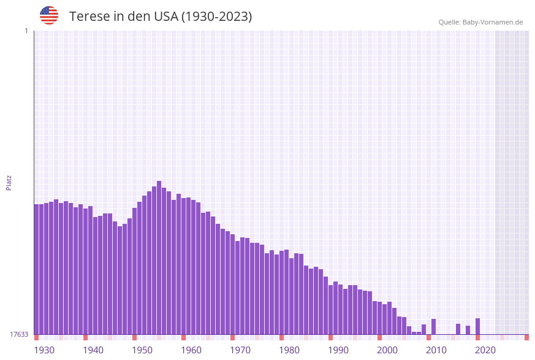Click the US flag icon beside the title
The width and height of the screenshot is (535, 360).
click(x=49, y=15)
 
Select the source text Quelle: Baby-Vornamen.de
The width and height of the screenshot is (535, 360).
click(x=480, y=22)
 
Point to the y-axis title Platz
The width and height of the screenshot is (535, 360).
click(x=9, y=182)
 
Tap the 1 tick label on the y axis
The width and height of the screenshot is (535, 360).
click(x=26, y=31)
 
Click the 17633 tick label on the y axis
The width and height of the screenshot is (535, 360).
click(x=19, y=334)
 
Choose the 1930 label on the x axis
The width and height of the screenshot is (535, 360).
click(x=44, y=350)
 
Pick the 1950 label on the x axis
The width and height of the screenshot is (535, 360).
click(x=142, y=350)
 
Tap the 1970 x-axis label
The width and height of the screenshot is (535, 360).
click(x=240, y=350)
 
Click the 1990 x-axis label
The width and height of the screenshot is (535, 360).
click(x=338, y=350)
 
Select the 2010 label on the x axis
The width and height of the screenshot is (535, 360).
click(x=436, y=350)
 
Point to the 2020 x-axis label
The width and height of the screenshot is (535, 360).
click(x=485, y=350)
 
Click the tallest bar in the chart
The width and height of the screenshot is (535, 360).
click(x=159, y=258)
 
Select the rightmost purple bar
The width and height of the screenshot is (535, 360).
click(x=478, y=326)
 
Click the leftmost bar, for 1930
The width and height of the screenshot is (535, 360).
click(x=37, y=270)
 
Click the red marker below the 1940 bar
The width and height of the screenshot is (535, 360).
click(x=86, y=337)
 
